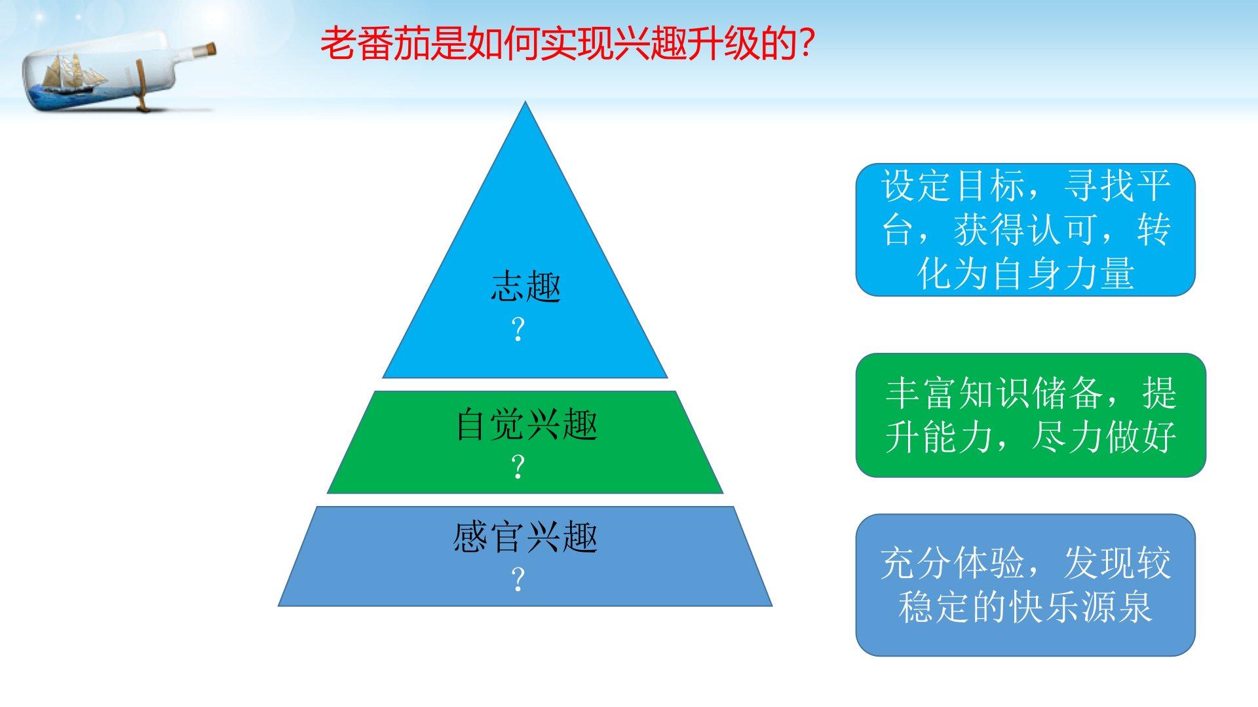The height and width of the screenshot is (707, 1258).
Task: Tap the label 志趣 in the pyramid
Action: click(526, 287)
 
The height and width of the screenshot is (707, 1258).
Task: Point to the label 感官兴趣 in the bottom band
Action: click(525, 537)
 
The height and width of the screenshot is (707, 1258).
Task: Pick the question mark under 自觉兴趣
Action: click(518, 467)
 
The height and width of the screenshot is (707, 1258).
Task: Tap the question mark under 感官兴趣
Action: click(518, 579)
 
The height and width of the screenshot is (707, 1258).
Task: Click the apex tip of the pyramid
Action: click(525, 102)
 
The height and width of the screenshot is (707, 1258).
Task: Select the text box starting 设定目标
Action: click(1025, 230)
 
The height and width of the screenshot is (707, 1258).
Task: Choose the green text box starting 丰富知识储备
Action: click(1031, 415)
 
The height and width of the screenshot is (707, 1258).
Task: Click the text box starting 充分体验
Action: click(1025, 585)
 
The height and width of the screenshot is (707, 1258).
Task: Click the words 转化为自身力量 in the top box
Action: click(1025, 273)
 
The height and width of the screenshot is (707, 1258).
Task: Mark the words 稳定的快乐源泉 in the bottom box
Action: click(1025, 607)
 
